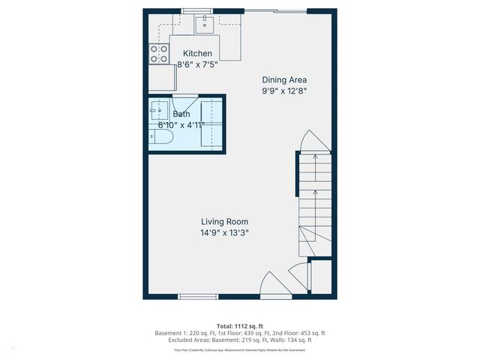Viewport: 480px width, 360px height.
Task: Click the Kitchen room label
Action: click(198, 54)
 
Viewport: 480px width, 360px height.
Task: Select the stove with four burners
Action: click(159, 53)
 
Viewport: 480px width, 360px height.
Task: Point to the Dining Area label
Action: click(284, 79)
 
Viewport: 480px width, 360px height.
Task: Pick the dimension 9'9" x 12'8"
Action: click(284, 91)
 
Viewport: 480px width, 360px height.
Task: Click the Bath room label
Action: click(181, 114)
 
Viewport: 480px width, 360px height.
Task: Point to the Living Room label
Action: click(224, 221)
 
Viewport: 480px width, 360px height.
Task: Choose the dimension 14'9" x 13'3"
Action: click(224, 233)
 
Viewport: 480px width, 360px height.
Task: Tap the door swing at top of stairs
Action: click(313, 140)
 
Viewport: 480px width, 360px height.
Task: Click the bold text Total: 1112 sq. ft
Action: click(239, 325)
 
